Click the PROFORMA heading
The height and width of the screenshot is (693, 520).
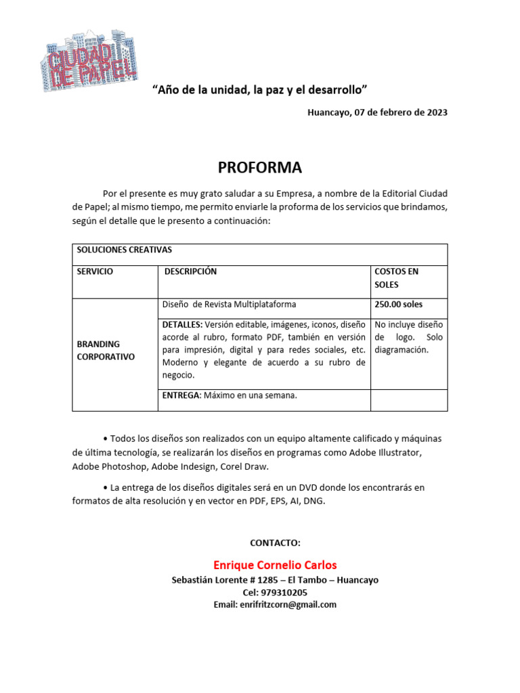[x=260, y=168]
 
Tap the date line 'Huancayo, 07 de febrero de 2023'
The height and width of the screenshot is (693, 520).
[x=377, y=112]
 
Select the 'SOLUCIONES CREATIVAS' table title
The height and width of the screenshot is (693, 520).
[x=125, y=250]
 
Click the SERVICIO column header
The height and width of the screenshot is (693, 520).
[x=95, y=271]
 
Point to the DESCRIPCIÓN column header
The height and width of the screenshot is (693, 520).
[x=191, y=271]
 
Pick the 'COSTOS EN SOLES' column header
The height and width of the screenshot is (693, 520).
[x=397, y=278]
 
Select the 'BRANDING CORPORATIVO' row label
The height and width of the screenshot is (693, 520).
[x=106, y=350]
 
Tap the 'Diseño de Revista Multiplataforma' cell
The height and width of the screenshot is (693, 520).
[x=229, y=305]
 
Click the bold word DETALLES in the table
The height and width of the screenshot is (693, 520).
[x=182, y=324]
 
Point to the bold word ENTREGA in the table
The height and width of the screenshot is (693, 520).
[x=181, y=395]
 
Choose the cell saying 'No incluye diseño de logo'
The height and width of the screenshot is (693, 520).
[x=408, y=337]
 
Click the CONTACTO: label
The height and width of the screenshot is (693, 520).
[x=275, y=543]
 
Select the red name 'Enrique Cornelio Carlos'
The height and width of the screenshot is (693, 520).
[x=275, y=565]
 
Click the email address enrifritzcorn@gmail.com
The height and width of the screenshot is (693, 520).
[x=288, y=604]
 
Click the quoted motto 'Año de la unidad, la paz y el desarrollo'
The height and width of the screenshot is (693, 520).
[x=259, y=89]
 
